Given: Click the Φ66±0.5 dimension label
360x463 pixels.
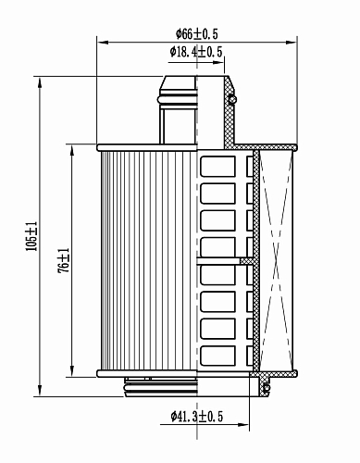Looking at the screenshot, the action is (196, 33).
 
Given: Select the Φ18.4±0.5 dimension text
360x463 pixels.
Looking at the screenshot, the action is (196, 52).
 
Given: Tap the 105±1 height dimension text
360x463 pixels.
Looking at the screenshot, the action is (31, 236).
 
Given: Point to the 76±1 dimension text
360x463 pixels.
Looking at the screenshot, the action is (64, 260).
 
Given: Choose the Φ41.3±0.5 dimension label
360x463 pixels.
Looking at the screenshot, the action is (196, 417).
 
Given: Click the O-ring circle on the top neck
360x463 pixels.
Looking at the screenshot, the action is (233, 99).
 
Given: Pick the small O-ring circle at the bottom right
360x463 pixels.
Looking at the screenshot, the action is (267, 387).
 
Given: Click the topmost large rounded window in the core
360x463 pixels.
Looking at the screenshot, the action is (217, 166).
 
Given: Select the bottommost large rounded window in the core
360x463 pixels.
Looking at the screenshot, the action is (217, 356).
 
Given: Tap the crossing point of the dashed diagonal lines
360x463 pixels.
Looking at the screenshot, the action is (277, 260).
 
